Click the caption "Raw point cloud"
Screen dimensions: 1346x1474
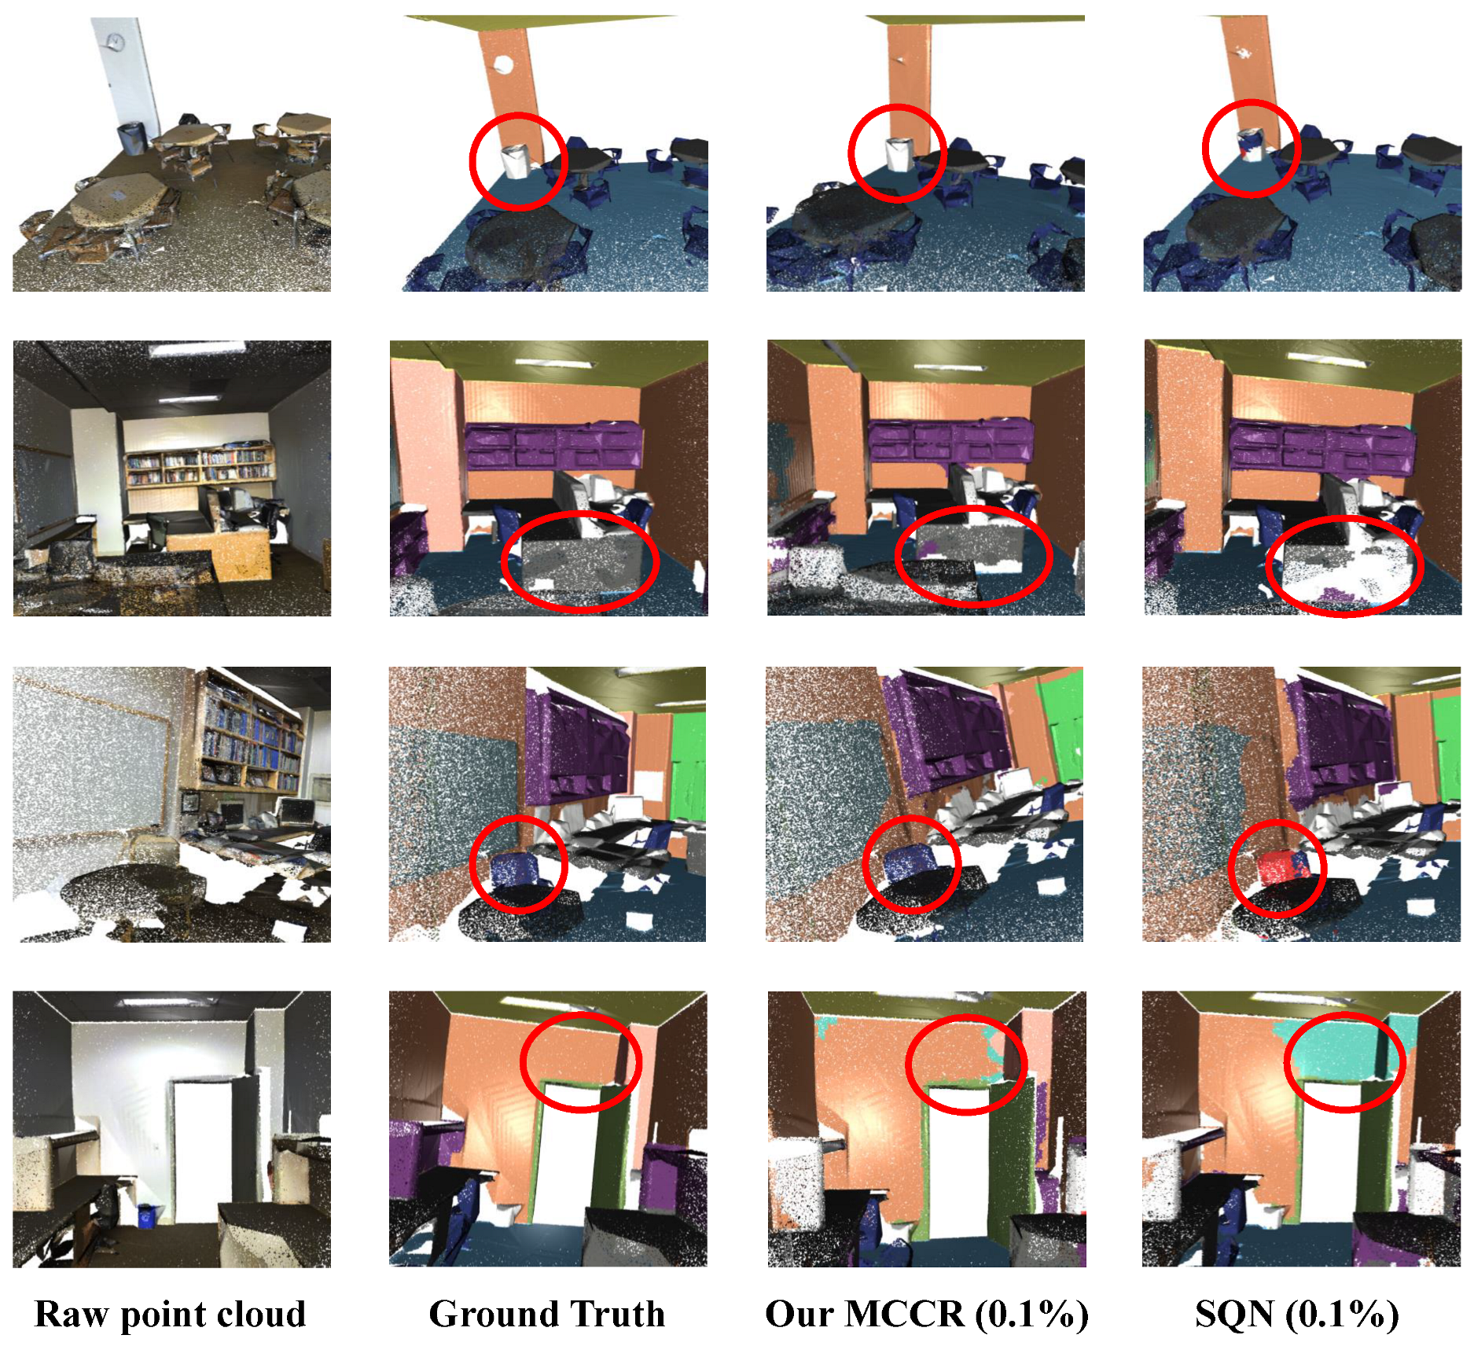[170, 1315]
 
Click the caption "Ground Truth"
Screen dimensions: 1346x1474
[547, 1315]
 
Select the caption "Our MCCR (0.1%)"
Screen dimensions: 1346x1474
[927, 1315]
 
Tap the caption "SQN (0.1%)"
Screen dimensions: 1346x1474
[1297, 1315]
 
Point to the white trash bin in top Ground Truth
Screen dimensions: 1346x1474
[515, 162]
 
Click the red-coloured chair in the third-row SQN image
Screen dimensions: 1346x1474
[1274, 870]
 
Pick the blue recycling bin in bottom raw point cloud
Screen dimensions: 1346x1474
[146, 1215]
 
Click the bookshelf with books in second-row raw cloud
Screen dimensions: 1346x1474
[200, 467]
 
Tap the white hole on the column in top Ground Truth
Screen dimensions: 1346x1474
[502, 65]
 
